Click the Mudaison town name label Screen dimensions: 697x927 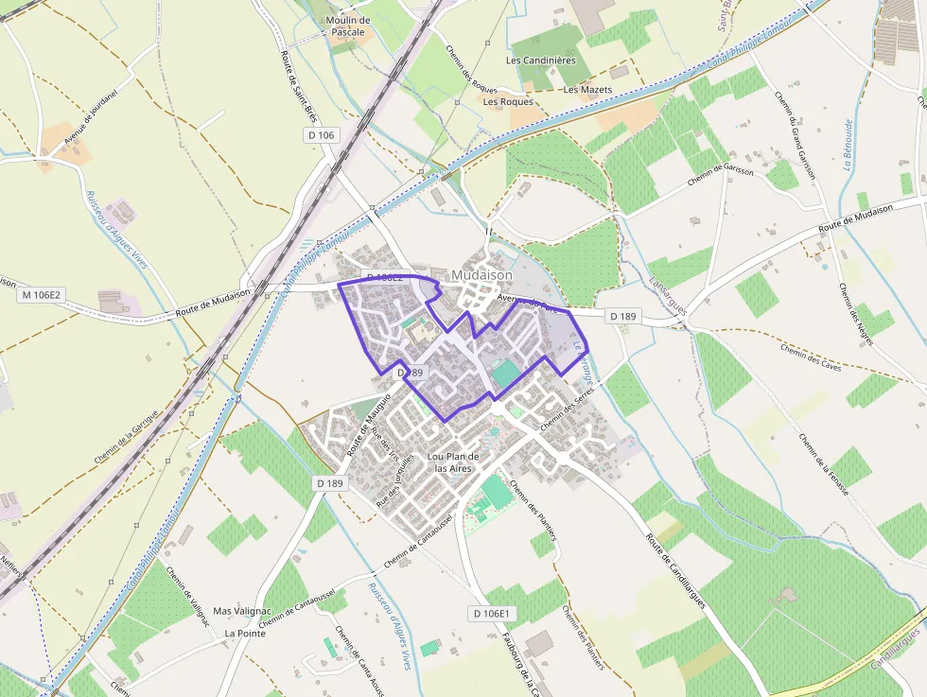point(481,275)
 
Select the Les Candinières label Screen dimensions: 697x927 point(540,61)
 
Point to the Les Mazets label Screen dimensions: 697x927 point(587,90)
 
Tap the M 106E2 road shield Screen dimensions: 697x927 point(41,295)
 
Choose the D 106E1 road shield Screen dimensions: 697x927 point(492,614)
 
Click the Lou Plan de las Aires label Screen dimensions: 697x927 point(453,462)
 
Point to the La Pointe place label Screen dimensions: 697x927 point(245,633)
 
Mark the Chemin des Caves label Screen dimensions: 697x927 point(811,357)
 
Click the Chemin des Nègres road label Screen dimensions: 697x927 point(852,313)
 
